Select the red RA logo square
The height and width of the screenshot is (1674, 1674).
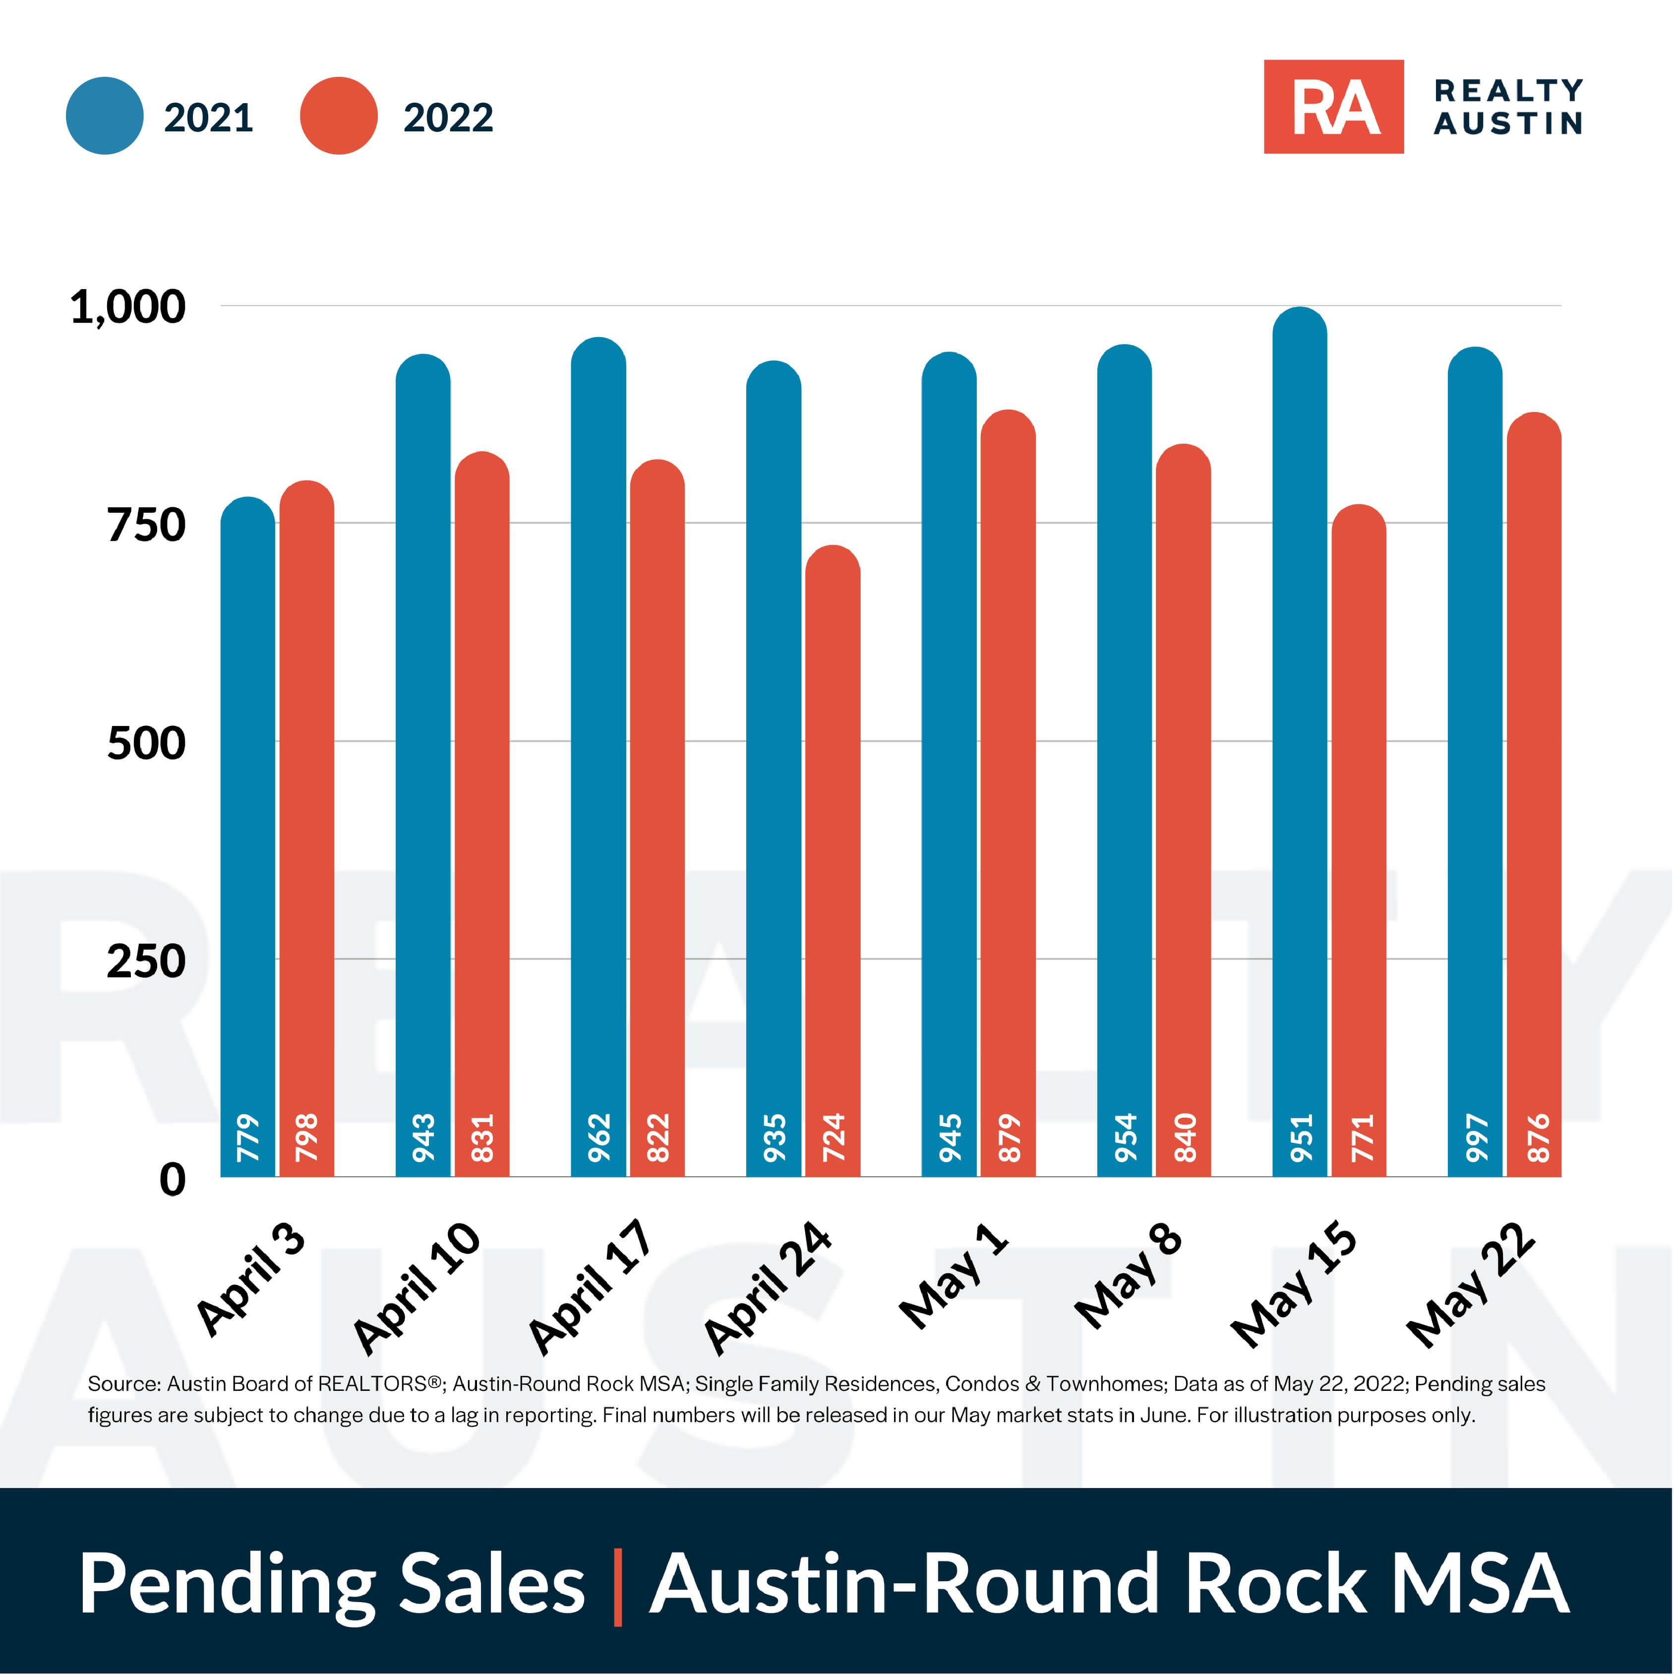[x=1333, y=107]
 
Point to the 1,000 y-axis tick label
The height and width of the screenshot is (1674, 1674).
[x=127, y=307]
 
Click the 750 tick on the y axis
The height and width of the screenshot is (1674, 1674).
[x=146, y=525]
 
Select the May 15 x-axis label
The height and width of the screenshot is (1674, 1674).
[x=1294, y=1284]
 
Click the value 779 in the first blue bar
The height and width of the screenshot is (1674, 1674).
[x=248, y=1137]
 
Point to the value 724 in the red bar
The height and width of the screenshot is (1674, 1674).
[x=833, y=1137]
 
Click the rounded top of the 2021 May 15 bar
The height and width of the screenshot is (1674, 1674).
[x=1299, y=325]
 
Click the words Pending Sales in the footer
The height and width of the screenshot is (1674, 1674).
[x=332, y=1584]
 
